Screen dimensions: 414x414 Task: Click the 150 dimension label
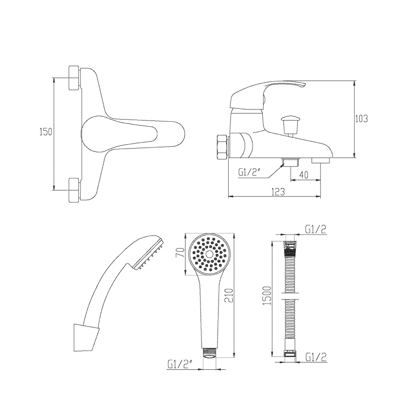[x=46, y=132]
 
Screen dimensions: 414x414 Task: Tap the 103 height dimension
[x=361, y=119]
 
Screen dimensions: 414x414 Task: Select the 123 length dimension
[x=278, y=191]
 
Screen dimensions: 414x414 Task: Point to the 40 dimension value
[x=304, y=175]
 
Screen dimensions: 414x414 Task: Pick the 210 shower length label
[x=229, y=295]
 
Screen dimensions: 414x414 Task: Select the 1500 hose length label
[x=267, y=296]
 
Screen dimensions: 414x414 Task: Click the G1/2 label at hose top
[x=316, y=230]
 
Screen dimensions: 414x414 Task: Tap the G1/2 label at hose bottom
[x=316, y=357]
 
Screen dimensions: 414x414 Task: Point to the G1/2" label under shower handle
[x=179, y=365]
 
